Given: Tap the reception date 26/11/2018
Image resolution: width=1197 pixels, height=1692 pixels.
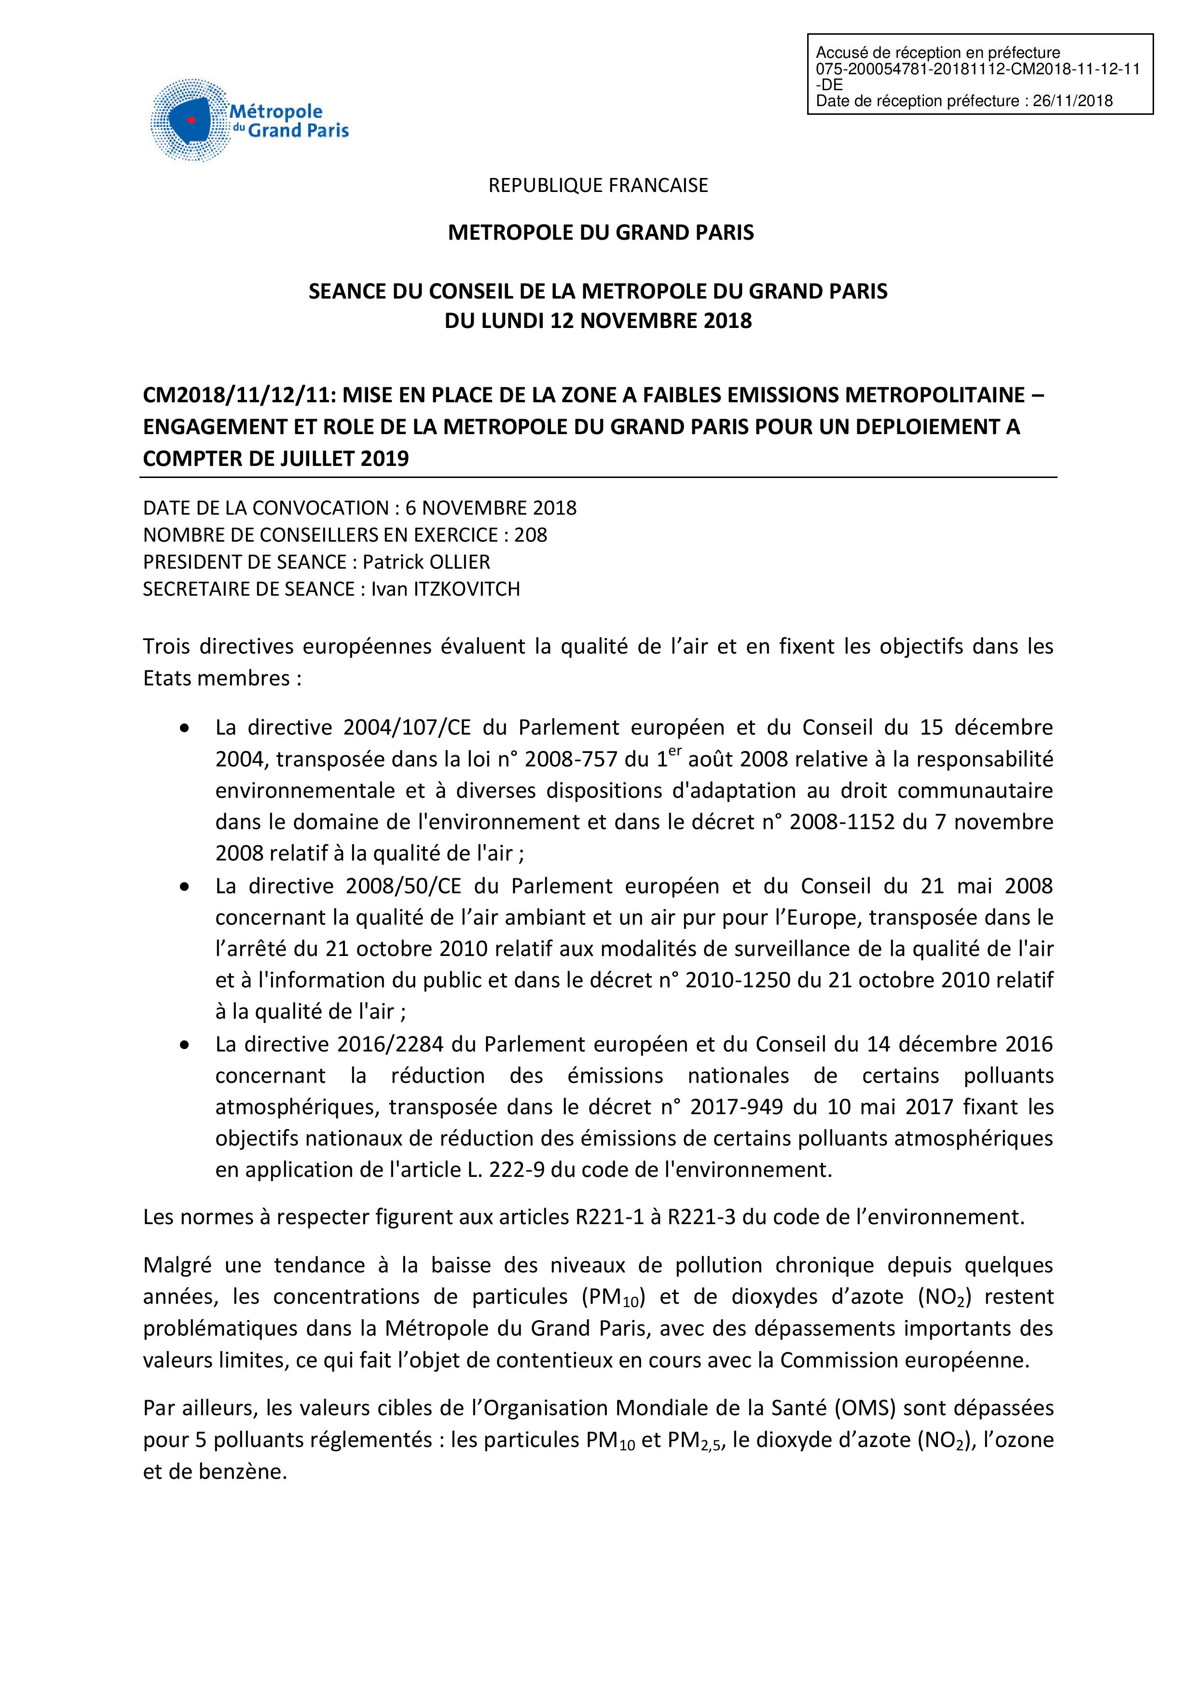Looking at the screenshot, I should click(x=1073, y=101).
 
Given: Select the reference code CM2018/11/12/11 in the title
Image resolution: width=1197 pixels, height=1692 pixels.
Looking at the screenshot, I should click(x=237, y=396).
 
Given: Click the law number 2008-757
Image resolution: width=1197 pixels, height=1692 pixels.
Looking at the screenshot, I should click(x=567, y=759).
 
